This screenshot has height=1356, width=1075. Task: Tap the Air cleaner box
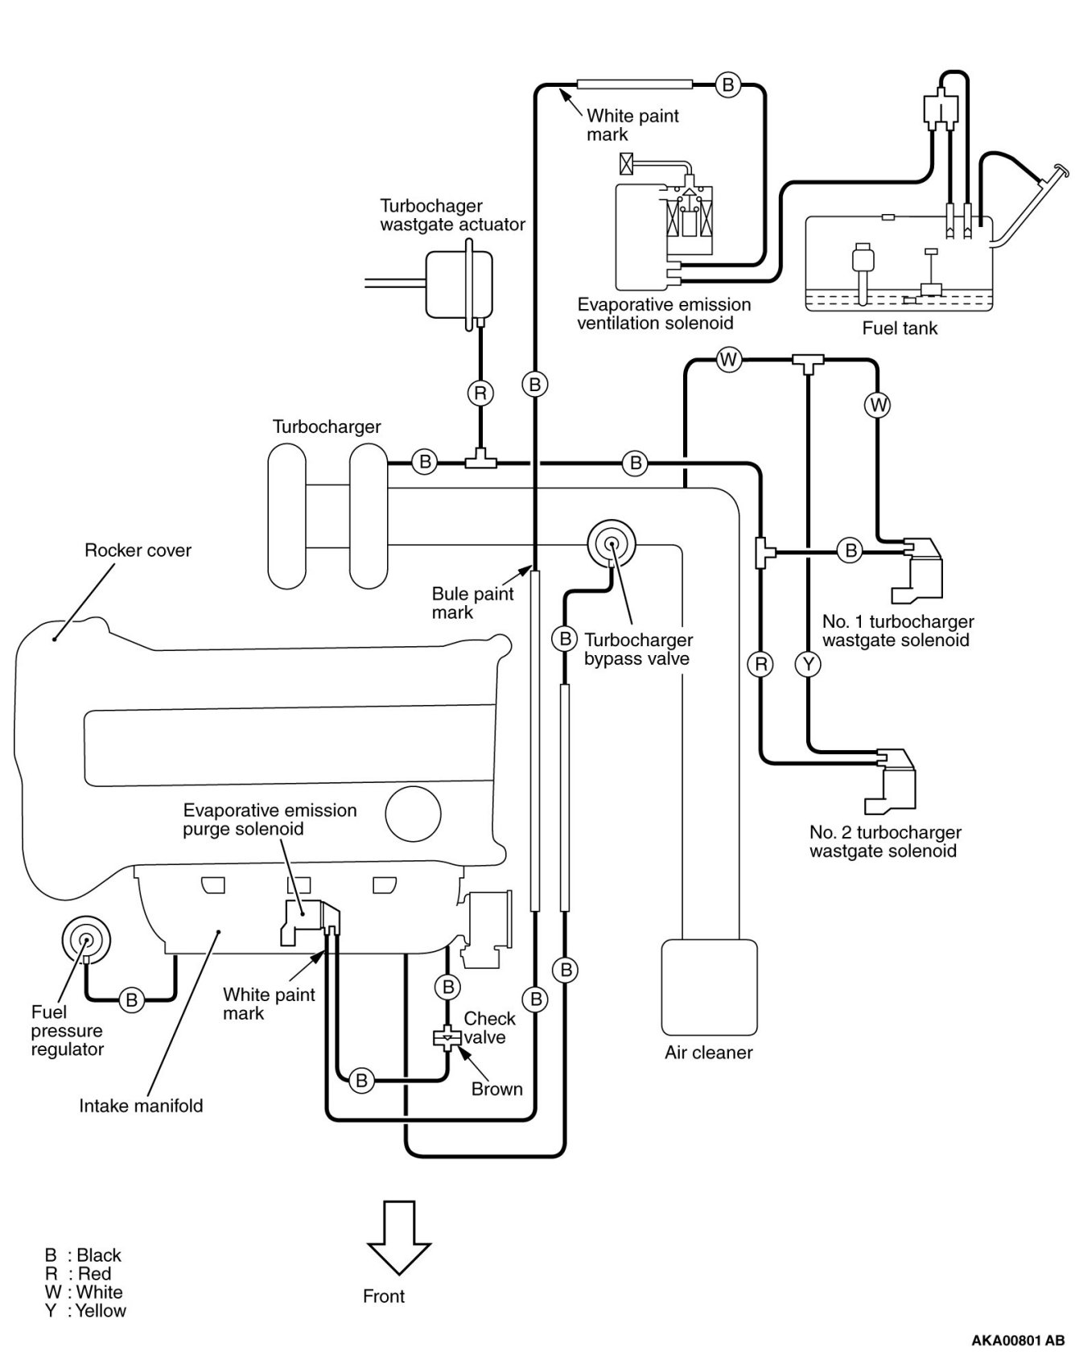[709, 987]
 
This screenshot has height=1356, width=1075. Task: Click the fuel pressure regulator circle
[85, 939]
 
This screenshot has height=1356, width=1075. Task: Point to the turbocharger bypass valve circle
[611, 544]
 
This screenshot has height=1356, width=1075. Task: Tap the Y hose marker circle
[808, 664]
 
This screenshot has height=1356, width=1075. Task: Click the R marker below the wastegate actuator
[480, 393]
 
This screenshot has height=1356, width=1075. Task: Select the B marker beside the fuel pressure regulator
[131, 999]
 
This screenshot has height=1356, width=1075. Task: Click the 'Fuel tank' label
[900, 328]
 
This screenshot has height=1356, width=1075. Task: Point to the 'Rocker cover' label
[138, 551]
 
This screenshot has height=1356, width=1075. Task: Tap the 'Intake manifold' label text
[141, 1106]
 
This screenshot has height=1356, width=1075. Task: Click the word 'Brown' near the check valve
[496, 1090]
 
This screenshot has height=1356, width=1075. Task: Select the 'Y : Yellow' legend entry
[85, 1311]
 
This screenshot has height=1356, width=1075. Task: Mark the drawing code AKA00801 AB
[1018, 1341]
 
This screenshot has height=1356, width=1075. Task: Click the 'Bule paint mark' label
[472, 604]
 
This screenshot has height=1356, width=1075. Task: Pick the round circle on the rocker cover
[413, 814]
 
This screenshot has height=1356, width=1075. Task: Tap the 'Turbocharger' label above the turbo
[327, 427]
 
